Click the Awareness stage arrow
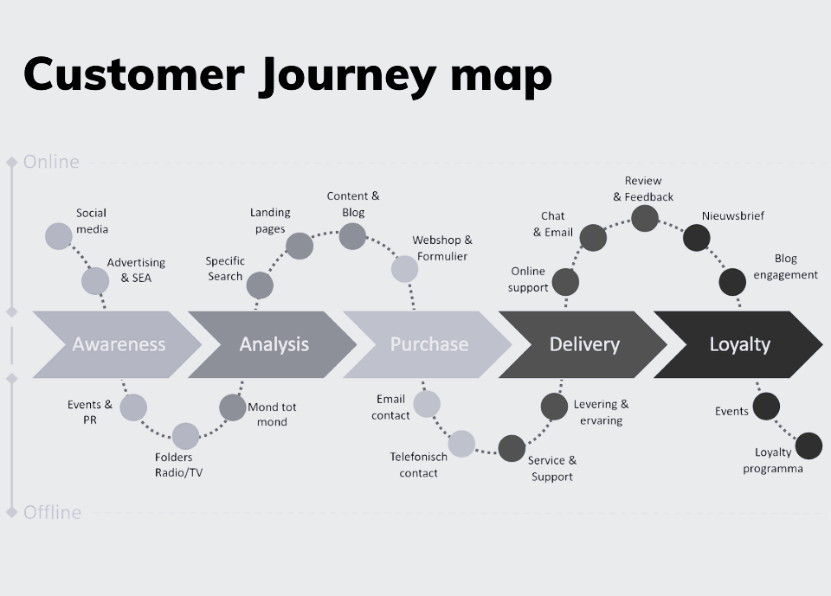[x=119, y=344]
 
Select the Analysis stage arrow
[x=274, y=344]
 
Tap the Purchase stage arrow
[x=428, y=344]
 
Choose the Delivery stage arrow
[x=584, y=344]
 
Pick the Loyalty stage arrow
[x=739, y=344]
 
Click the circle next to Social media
[x=58, y=235]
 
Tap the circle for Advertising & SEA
[x=95, y=280]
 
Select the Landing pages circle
[x=299, y=246]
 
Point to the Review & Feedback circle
[x=644, y=218]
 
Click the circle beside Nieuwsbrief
[x=696, y=238]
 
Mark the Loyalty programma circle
[x=808, y=446]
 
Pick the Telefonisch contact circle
[x=461, y=444]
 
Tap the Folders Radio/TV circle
[x=185, y=436]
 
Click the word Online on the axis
[x=51, y=162]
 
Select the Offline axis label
[x=52, y=512]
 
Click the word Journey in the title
[x=346, y=74]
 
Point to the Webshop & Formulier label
[x=441, y=247]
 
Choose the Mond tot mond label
[x=272, y=414]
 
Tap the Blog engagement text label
[x=785, y=266]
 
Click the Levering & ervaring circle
[x=554, y=406]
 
